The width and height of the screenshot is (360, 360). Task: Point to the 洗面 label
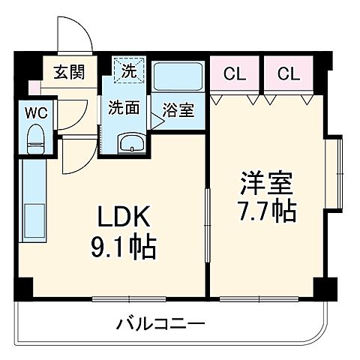(x=122, y=107)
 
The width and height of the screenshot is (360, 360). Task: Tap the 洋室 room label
(x=265, y=182)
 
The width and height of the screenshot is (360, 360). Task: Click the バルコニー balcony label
(x=160, y=325)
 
